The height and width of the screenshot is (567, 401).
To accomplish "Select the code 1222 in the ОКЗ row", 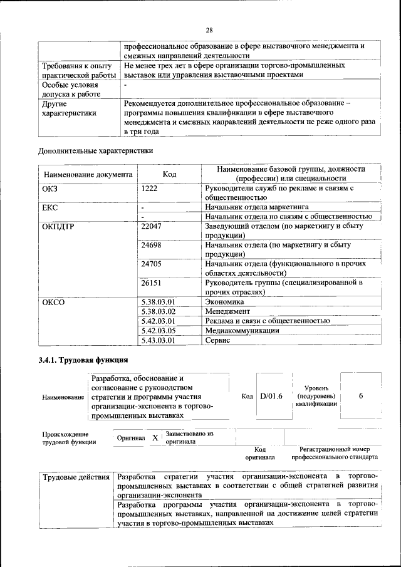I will tap(150, 187).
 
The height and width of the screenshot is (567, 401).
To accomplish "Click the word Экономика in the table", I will tap(225, 301).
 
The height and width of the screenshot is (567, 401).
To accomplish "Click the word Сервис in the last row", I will tap(218, 340).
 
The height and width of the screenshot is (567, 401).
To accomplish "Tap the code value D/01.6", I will tap(271, 397).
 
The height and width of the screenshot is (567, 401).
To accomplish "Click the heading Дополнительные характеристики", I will tap(95, 150).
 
